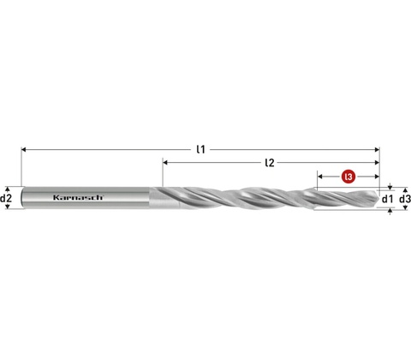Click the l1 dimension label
click(201, 149)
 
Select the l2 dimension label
click(270, 163)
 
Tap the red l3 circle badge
click(348, 177)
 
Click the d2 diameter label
click(6, 198)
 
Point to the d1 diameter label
click(387, 199)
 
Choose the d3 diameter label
click(405, 199)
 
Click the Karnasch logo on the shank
click(78, 197)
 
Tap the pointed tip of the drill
click(378, 198)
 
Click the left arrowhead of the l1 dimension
click(24, 149)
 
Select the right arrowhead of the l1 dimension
click(377, 149)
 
